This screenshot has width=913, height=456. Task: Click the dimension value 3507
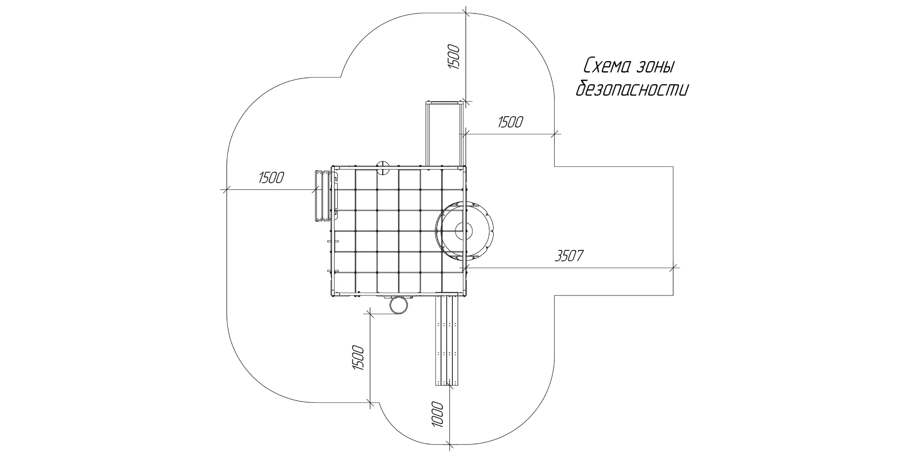(569, 256)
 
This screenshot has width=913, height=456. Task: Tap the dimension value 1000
(437, 414)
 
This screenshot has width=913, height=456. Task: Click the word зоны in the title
(655, 67)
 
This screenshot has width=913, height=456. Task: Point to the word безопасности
(632, 88)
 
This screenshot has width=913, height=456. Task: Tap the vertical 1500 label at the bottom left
(358, 359)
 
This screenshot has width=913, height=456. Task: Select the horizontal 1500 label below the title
(510, 122)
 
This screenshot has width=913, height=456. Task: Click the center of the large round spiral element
(465, 230)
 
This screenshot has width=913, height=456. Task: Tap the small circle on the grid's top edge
(382, 167)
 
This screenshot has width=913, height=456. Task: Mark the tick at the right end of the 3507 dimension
(674, 268)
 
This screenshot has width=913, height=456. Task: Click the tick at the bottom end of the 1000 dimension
(449, 443)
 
